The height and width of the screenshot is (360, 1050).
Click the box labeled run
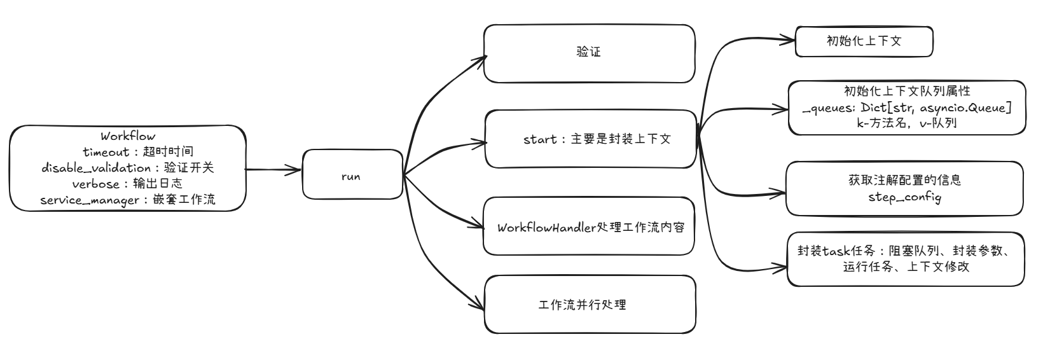[352, 176]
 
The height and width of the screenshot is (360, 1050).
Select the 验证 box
[588, 53]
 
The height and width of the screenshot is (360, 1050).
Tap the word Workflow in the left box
[128, 136]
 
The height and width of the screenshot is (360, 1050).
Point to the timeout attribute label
[106, 152]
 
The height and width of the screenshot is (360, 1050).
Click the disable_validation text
[96, 168]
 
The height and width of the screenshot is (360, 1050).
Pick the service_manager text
[89, 200]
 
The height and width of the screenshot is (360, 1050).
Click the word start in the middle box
[540, 139]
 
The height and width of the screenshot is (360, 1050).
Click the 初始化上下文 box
[864, 41]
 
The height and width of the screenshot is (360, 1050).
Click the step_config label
[904, 197]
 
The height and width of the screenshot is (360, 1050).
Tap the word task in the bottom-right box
[838, 250]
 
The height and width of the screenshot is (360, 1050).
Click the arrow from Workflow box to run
[273, 170]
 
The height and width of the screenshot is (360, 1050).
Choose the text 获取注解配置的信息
[904, 180]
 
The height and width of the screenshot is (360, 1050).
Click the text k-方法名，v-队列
[906, 123]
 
